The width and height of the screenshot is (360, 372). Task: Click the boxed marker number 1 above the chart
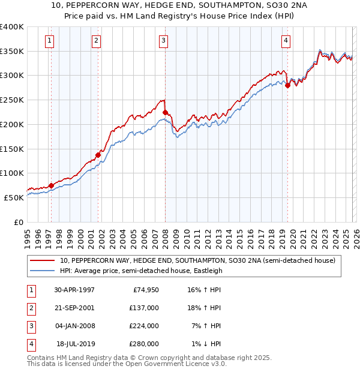(49, 41)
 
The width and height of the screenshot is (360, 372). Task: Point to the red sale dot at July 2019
(287, 85)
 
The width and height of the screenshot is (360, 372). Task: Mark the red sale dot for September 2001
(98, 155)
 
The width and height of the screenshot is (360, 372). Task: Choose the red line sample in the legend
(43, 261)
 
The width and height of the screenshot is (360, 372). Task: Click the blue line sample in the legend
(43, 271)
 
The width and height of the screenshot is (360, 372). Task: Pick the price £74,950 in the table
(144, 290)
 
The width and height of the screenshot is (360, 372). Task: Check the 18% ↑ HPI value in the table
(206, 308)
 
